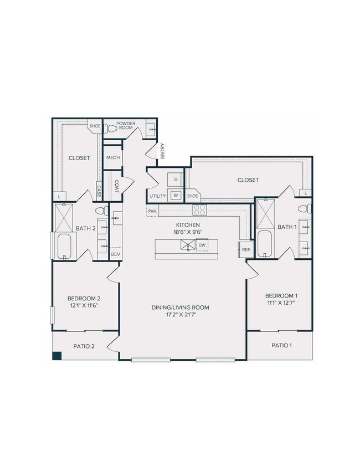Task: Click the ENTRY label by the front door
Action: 162,152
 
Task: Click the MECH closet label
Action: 113,157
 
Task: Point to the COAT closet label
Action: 117,186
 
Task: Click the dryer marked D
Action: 176,180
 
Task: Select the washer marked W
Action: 176,195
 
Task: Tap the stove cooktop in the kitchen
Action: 199,209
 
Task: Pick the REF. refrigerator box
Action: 246,250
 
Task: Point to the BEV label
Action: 115,254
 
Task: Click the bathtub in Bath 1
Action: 265,244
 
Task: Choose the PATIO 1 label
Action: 281,345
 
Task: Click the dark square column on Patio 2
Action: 57,356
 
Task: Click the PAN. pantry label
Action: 153,211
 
